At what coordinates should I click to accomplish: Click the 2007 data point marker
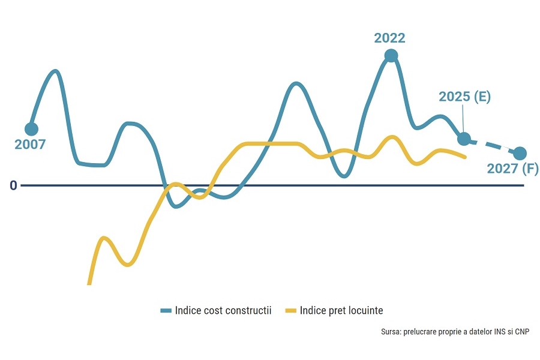(31, 129)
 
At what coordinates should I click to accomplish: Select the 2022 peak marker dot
(391, 56)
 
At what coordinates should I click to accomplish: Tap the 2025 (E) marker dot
(464, 139)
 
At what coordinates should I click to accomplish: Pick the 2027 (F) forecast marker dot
(520, 154)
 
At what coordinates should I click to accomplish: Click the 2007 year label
(30, 145)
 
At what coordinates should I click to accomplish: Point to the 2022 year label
(389, 38)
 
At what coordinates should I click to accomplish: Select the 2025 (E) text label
(464, 97)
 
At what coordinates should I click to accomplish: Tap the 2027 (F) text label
(512, 169)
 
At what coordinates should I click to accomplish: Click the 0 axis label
(13, 185)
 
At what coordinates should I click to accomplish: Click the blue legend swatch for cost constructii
(166, 311)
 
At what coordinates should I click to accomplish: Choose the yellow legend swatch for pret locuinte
(290, 311)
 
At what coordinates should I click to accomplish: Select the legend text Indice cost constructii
(223, 311)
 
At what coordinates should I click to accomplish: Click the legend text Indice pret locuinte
(341, 311)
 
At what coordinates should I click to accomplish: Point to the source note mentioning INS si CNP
(455, 332)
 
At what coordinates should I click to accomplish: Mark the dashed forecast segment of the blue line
(493, 146)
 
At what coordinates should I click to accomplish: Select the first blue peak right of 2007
(55, 71)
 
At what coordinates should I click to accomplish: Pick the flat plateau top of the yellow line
(270, 144)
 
